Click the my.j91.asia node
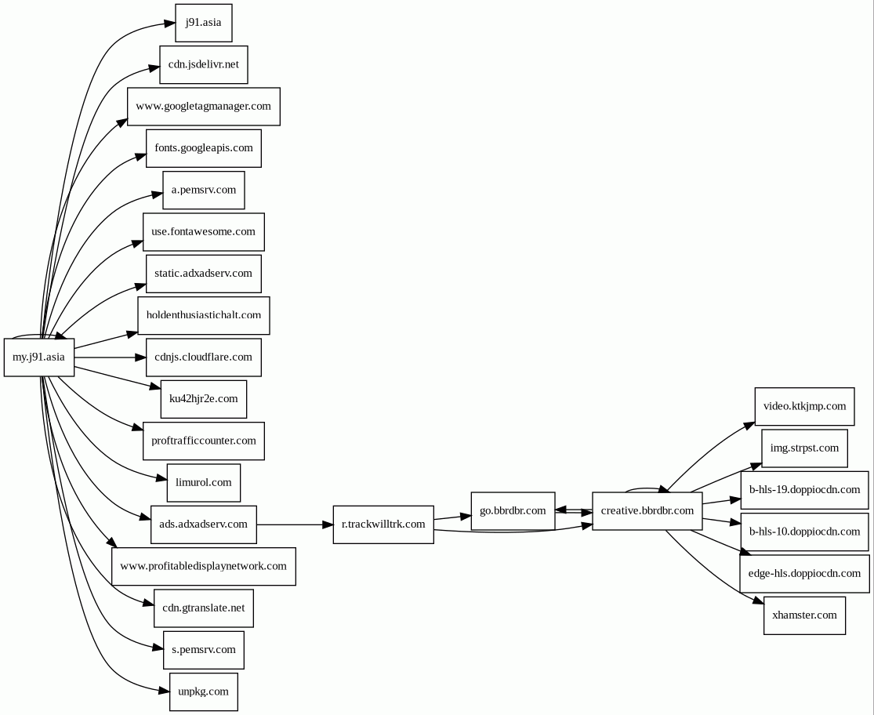[x=39, y=357]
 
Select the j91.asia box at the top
[x=203, y=23]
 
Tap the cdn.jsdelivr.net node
[x=203, y=64]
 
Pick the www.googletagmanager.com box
[x=203, y=107]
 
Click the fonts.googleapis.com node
[x=203, y=148]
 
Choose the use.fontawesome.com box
[x=203, y=232]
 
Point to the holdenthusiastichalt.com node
[x=203, y=315]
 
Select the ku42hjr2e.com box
[x=203, y=399]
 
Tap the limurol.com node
[x=203, y=482]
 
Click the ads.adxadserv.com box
[x=203, y=524]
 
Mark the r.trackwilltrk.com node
[x=383, y=524]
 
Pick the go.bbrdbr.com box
[x=513, y=511]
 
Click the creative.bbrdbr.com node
[x=647, y=511]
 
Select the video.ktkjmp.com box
[x=804, y=407]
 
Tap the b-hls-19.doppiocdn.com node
[x=804, y=490]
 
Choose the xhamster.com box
[x=804, y=615]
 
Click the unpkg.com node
[x=203, y=691]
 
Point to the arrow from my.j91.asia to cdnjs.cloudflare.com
[x=110, y=357]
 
